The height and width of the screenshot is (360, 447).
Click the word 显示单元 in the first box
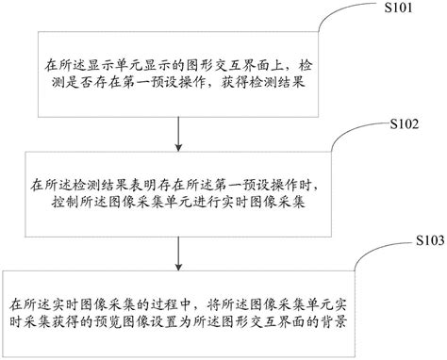tap(111, 68)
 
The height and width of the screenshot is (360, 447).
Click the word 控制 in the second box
tap(43, 202)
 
